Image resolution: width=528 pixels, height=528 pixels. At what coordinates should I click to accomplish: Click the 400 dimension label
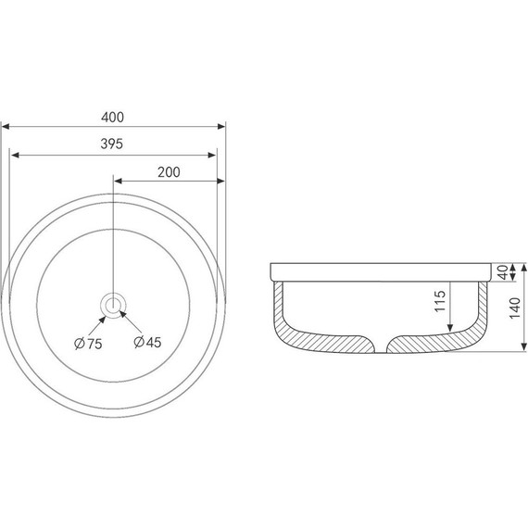coord(112,118)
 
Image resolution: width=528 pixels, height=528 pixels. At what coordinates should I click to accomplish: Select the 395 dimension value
coord(112,145)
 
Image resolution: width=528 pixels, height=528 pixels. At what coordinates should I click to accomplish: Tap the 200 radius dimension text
coord(169,172)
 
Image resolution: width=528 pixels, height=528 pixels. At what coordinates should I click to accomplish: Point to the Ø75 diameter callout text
coord(88,344)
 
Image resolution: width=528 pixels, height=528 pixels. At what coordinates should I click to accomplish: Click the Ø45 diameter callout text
coord(147,342)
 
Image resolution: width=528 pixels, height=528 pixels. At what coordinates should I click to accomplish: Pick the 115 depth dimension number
coord(440,301)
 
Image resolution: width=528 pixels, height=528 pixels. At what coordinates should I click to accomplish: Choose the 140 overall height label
coord(515,308)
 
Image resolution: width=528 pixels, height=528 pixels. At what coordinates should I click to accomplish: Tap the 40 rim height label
coord(503,272)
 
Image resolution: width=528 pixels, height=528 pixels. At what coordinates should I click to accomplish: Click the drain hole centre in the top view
coord(113,306)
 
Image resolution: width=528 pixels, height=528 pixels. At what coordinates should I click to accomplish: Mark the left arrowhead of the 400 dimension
coord(6,127)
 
